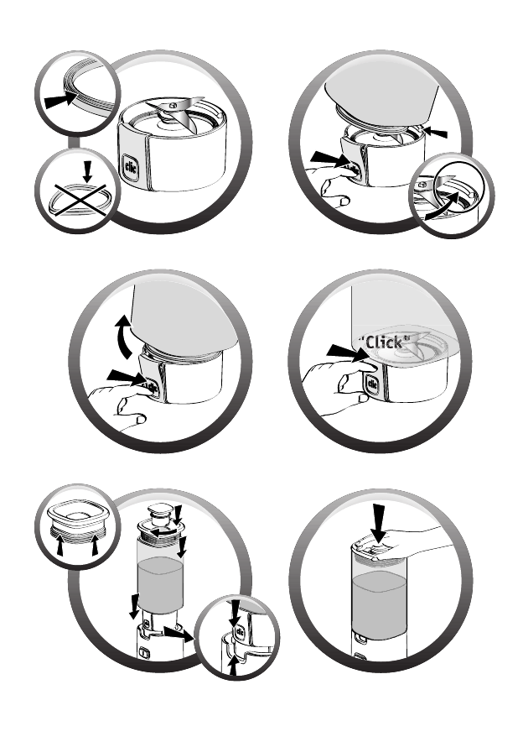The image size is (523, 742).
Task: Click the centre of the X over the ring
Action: [x=79, y=201]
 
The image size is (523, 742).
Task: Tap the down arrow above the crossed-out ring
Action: [x=87, y=171]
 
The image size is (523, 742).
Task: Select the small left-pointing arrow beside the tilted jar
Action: [x=435, y=133]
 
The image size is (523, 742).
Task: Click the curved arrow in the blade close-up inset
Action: [x=444, y=207]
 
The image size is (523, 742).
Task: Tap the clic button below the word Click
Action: [x=372, y=384]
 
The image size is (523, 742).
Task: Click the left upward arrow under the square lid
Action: [x=60, y=544]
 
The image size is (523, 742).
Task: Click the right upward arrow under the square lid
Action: [x=95, y=544]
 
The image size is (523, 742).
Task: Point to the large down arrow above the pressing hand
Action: [x=378, y=523]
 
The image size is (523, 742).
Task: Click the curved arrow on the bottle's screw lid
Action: [x=167, y=533]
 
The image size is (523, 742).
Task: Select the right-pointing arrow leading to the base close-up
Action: [x=179, y=633]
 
